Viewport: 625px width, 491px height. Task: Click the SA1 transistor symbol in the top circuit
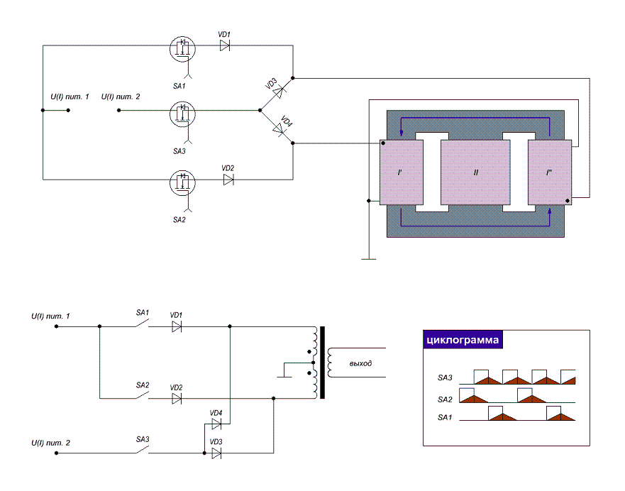[182, 49]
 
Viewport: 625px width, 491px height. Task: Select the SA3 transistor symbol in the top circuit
[182, 114]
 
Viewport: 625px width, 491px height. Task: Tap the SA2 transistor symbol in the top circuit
[182, 182]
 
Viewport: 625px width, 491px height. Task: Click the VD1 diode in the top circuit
[225, 46]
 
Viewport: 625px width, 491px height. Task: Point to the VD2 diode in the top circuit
[228, 180]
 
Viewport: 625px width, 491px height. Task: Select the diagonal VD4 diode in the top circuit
[279, 128]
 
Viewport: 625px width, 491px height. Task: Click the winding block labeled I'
[402, 172]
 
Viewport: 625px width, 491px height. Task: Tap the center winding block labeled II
[475, 172]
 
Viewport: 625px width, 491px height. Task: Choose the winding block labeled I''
[550, 172]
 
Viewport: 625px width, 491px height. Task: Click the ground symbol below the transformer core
[369, 259]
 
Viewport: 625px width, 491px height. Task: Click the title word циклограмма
[463, 340]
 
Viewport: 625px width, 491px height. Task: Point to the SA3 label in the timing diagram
[445, 377]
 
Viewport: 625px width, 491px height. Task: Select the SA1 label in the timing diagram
[445, 417]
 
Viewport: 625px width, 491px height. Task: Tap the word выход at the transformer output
[360, 363]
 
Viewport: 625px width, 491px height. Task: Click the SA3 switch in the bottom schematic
[142, 450]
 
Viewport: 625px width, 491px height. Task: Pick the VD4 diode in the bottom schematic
[216, 424]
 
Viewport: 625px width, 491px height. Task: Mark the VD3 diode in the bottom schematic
[216, 453]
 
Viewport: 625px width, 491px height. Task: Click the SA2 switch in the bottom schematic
[142, 395]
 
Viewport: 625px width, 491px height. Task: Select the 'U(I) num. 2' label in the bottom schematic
[50, 443]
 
